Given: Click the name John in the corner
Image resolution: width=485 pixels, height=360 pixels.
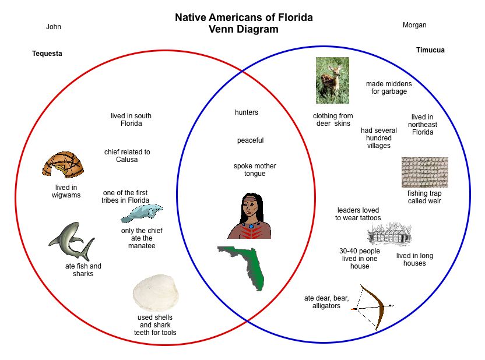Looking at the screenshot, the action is [x=54, y=27].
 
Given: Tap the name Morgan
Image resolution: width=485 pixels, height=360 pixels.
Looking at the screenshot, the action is [x=414, y=25].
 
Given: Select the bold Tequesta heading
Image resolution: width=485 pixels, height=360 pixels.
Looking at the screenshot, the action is [x=47, y=54].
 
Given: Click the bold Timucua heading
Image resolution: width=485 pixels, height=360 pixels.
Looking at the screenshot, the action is [x=430, y=50].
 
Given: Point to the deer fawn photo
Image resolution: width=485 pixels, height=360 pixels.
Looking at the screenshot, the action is [x=332, y=80].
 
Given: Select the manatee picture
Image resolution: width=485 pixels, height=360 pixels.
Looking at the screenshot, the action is [x=141, y=214].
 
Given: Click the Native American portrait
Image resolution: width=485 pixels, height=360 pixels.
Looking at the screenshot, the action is [x=249, y=216].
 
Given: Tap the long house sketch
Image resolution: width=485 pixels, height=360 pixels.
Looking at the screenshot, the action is [x=389, y=235].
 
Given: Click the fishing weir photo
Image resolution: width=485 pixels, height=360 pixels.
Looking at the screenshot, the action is [x=424, y=172].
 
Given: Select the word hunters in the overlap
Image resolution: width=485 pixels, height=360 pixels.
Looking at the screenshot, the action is [x=247, y=112].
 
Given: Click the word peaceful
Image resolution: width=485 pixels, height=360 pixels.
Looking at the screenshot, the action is [x=250, y=140].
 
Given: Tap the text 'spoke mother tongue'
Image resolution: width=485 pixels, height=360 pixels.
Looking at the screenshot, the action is [x=255, y=170].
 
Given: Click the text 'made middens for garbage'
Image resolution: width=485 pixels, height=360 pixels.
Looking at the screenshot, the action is [x=389, y=88].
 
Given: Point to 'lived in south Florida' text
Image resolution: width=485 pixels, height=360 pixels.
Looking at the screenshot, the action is [x=131, y=120].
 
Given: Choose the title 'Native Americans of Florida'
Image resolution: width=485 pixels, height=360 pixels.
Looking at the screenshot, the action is [x=244, y=17].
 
